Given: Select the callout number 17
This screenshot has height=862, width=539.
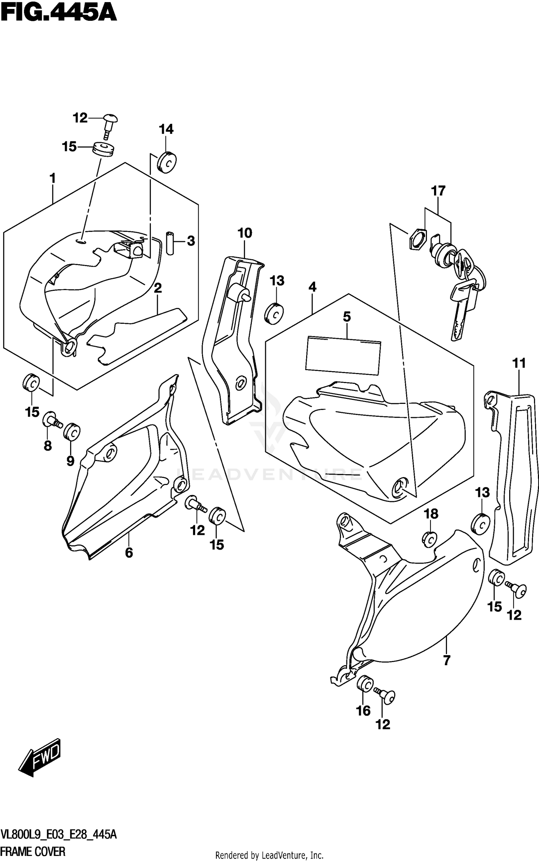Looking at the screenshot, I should (x=438, y=191).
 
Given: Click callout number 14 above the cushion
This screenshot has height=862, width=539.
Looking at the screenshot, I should (x=166, y=129).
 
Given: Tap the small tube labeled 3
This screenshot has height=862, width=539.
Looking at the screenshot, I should (x=170, y=243).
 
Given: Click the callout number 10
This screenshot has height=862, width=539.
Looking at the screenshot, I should (x=245, y=233).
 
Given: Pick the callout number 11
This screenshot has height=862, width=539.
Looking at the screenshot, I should (x=519, y=363).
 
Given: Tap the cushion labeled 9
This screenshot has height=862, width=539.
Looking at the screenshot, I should (x=72, y=431).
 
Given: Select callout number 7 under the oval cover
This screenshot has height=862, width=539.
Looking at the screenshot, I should (x=447, y=660).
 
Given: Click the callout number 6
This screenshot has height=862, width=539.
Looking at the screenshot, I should (x=129, y=553).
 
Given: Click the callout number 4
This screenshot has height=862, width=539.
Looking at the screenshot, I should (x=312, y=287).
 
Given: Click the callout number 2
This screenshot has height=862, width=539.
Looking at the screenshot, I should (x=157, y=288).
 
